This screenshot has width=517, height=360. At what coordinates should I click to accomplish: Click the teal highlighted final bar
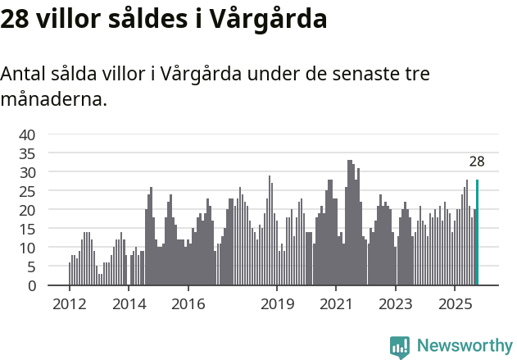click(x=477, y=233)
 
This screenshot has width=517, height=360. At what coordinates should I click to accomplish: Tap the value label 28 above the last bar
click(x=477, y=162)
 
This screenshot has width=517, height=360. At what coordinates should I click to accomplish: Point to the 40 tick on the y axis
click(x=27, y=134)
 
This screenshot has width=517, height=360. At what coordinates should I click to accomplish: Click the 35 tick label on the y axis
click(x=27, y=153)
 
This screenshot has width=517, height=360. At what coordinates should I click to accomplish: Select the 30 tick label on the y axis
click(x=27, y=172)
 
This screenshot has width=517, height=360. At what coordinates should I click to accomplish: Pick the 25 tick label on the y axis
click(x=27, y=191)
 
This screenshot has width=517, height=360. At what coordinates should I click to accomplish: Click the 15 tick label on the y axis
click(x=27, y=229)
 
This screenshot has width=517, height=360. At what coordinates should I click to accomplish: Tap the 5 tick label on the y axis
click(x=31, y=267)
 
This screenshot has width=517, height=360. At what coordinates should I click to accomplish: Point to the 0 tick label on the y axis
click(x=31, y=285)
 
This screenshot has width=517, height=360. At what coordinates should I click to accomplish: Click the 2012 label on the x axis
click(x=69, y=305)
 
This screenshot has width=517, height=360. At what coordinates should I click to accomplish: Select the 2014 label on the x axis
click(x=129, y=305)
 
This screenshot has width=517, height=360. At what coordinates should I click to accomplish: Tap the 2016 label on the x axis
click(x=188, y=305)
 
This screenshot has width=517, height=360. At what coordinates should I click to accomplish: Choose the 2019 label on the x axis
click(x=277, y=305)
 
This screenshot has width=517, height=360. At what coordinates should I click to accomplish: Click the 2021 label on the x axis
click(x=337, y=305)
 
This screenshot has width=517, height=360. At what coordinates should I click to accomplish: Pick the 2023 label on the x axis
click(x=396, y=305)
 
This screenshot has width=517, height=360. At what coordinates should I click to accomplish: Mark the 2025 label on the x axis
click(x=456, y=305)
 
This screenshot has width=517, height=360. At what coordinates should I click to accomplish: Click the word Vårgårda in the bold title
click(x=262, y=19)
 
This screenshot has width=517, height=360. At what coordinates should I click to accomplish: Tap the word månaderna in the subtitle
click(x=52, y=101)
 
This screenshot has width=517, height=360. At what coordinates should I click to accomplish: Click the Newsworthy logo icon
click(x=400, y=347)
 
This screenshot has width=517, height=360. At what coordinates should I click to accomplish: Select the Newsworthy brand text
click(x=464, y=346)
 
